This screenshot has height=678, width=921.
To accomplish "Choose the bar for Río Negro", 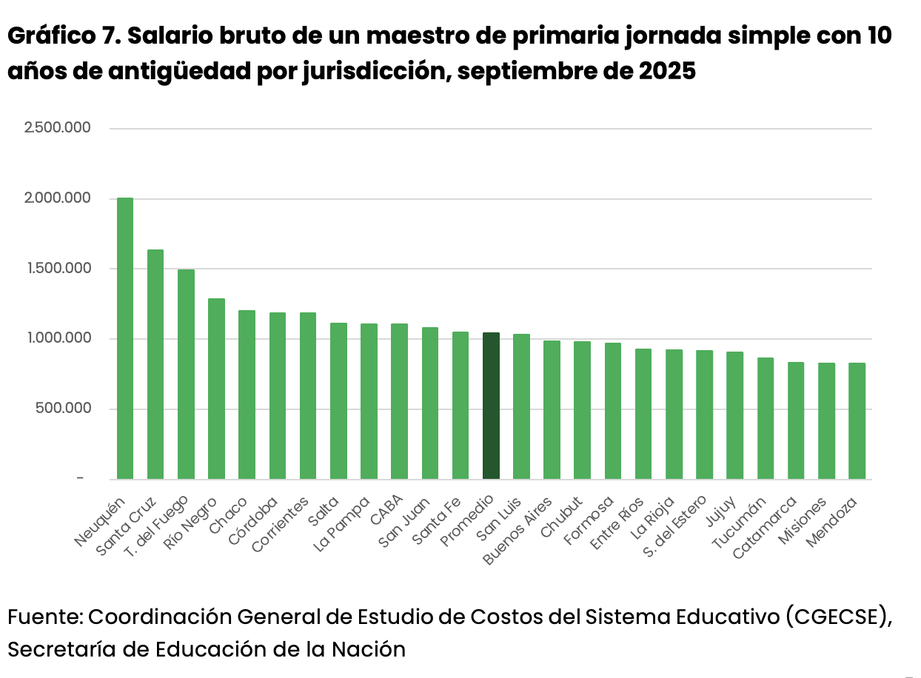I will tap(216, 389).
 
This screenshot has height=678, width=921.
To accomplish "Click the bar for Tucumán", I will tap(766, 418).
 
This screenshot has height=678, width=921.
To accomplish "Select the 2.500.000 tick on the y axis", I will tap(58, 128).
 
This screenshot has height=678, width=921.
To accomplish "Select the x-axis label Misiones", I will tap(802, 520).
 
